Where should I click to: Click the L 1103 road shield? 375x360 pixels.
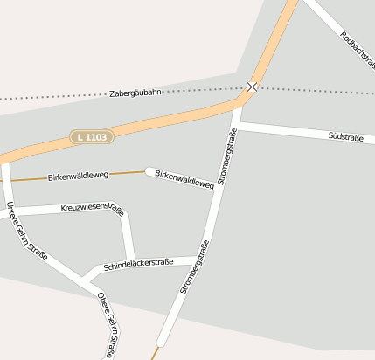pyautogui.click(x=91, y=136)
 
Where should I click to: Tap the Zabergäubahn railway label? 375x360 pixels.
pyautogui.click(x=135, y=93)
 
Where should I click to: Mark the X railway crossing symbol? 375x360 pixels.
pyautogui.click(x=252, y=87)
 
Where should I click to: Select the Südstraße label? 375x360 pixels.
pyautogui.click(x=345, y=137)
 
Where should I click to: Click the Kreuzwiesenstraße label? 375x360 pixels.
pyautogui.click(x=92, y=208)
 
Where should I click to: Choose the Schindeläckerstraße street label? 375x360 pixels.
pyautogui.click(x=138, y=263)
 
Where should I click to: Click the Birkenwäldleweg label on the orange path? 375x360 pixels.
pyautogui.click(x=78, y=176)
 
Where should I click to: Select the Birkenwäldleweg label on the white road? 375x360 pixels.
pyautogui.click(x=184, y=178)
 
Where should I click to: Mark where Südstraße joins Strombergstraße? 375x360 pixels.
pyautogui.click(x=236, y=128)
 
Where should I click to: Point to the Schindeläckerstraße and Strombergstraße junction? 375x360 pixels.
pyautogui.click(x=199, y=259)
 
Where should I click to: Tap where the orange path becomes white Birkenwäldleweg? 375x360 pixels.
pyautogui.click(x=147, y=171)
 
